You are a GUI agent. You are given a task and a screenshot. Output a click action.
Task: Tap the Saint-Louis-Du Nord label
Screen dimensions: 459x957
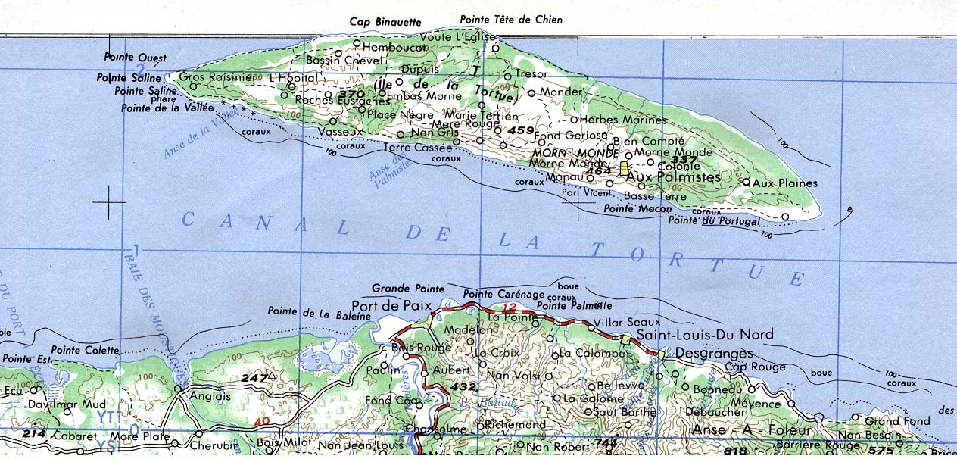[705, 335]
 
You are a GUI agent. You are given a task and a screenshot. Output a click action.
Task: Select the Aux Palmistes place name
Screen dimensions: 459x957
[674, 176]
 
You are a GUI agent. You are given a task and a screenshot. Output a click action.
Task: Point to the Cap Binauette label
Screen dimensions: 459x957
[385, 22]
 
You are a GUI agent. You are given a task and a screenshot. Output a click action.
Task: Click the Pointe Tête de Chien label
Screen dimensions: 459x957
[512, 20]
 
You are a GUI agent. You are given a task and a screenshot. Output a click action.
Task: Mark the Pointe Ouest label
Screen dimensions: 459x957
[136, 58]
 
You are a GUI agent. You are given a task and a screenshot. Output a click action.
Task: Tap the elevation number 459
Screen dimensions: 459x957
[521, 131]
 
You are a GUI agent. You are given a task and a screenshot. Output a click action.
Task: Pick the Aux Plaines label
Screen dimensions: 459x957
[786, 183]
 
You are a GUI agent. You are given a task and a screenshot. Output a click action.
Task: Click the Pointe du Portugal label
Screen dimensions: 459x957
[713, 221]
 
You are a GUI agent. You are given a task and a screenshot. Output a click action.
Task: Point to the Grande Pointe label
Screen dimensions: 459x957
[408, 289]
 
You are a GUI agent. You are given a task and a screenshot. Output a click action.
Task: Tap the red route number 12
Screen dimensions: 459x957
[509, 307]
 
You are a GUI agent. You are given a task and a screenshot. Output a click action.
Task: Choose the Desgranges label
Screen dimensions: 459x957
[713, 354]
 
